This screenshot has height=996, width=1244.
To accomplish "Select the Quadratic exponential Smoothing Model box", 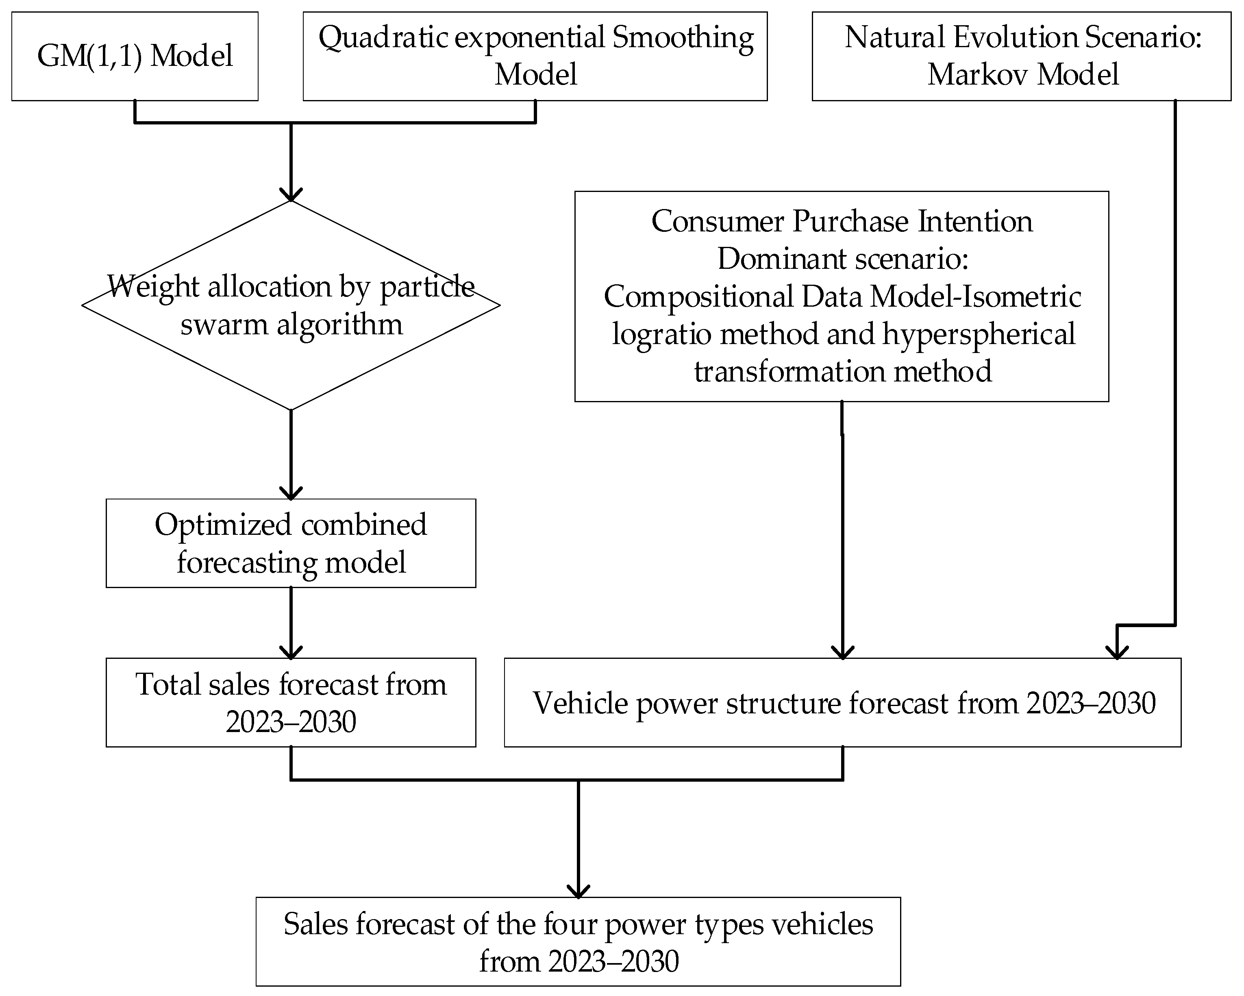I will tap(535, 56).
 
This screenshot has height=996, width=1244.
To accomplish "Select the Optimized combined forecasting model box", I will tap(291, 543).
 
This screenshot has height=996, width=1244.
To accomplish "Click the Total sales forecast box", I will tap(291, 702).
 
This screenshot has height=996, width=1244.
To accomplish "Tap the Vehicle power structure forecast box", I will tap(842, 702).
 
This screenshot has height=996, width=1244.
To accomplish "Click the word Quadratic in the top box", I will tap(383, 38).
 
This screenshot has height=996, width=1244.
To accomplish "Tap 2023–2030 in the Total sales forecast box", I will tap(291, 722).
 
